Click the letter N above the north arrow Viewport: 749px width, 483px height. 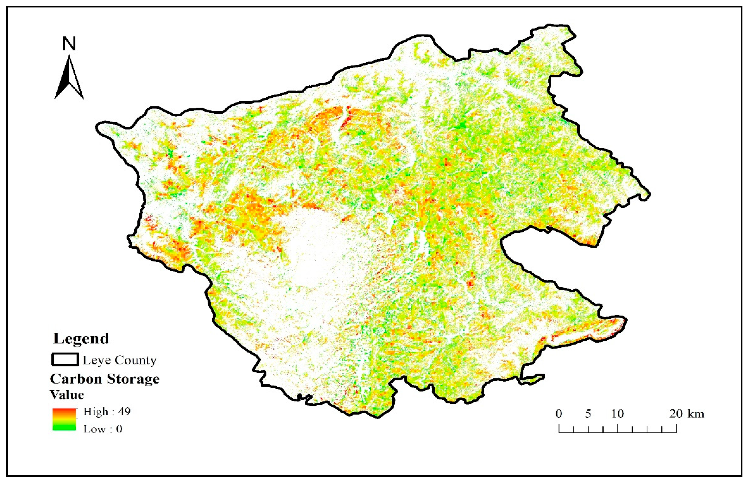point(69,44)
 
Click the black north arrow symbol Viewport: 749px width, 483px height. point(69,78)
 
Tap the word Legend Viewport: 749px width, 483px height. point(81,338)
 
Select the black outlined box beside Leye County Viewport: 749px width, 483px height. point(65,359)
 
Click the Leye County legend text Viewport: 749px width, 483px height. point(119,360)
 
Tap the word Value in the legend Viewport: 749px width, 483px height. point(67,395)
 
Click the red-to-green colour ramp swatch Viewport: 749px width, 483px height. point(64,419)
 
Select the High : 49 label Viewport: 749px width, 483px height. point(107,411)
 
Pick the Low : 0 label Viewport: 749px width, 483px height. point(103,429)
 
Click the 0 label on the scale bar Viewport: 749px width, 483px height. point(559,414)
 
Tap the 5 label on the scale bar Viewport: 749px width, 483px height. point(588,414)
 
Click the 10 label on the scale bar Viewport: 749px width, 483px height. point(617,414)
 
